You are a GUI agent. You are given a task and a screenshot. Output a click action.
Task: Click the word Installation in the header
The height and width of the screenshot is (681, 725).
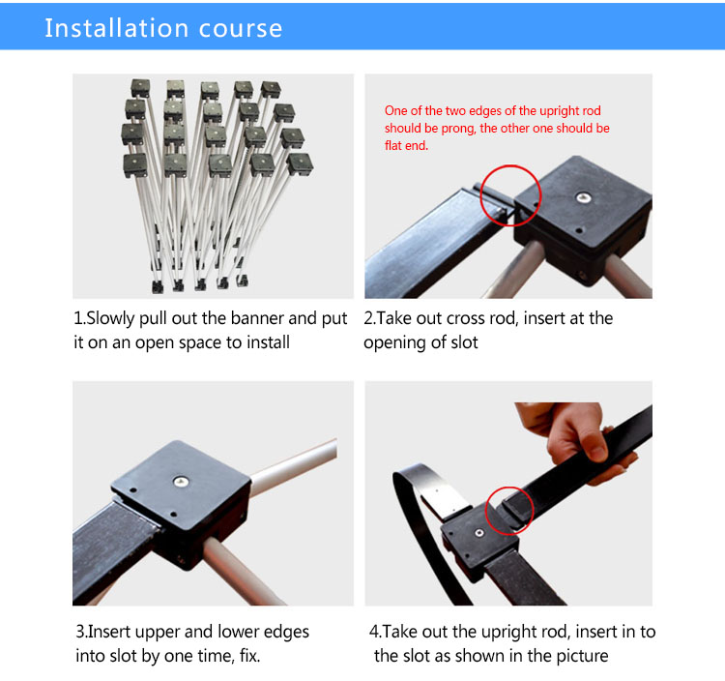click(x=117, y=28)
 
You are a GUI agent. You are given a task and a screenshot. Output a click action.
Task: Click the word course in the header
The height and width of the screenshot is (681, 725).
click(x=241, y=30)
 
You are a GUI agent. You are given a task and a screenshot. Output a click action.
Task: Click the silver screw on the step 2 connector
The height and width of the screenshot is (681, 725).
click(x=584, y=198)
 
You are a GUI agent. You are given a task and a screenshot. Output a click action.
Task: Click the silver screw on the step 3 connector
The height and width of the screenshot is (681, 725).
click(x=181, y=482)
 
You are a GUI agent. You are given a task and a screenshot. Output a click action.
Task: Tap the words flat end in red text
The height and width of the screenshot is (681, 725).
click(x=406, y=146)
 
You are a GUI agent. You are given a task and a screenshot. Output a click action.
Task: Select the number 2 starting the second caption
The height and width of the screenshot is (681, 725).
click(x=368, y=319)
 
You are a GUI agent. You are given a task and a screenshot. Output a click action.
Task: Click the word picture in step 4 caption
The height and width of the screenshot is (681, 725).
click(x=582, y=656)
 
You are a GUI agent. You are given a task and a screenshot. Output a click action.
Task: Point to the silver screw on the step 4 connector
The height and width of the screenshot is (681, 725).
click(x=479, y=533)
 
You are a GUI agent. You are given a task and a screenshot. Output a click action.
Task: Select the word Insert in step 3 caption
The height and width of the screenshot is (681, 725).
click(x=109, y=632)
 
